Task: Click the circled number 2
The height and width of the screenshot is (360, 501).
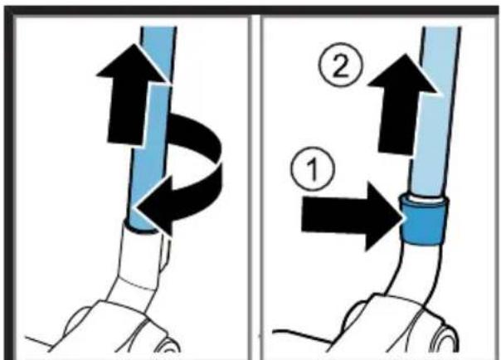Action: (x=341, y=65)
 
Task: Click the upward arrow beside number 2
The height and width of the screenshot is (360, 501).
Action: (x=402, y=105)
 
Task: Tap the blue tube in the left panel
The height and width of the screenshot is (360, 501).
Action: (x=150, y=128)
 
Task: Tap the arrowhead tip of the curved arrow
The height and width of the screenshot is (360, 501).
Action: (x=137, y=209)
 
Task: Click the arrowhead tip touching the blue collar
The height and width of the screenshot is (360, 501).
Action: (x=405, y=217)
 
